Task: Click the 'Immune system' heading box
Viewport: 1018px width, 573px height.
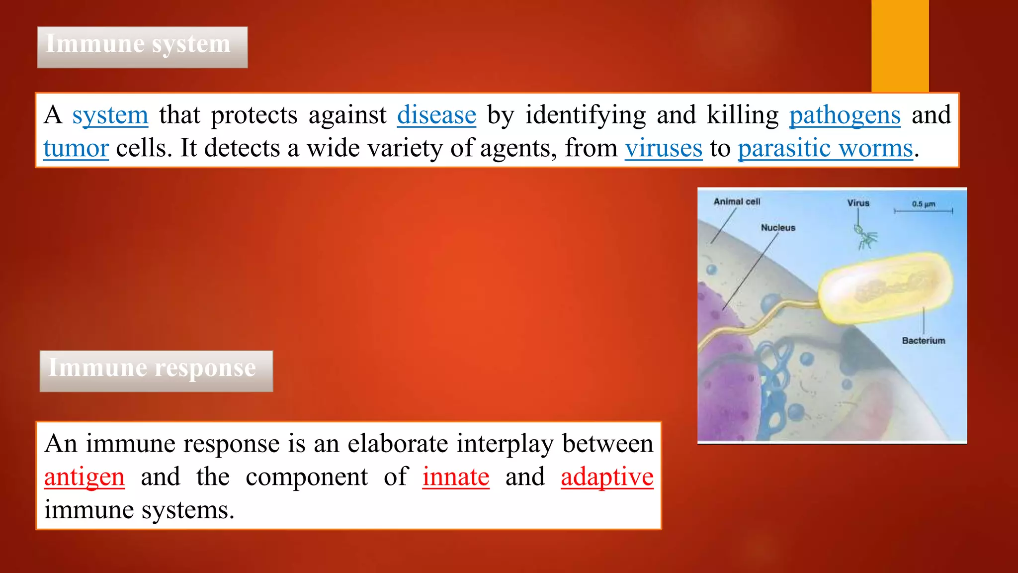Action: click(x=142, y=47)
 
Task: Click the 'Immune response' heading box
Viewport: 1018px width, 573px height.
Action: click(x=156, y=371)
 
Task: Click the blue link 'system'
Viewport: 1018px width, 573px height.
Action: click(x=110, y=115)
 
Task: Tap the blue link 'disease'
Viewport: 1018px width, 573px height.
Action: click(x=436, y=115)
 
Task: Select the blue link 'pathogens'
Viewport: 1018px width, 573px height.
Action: click(x=845, y=115)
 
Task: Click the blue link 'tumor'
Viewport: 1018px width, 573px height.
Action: click(x=76, y=149)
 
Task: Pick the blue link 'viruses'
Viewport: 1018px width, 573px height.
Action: click(x=664, y=149)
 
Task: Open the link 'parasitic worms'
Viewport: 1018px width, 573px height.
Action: click(x=825, y=149)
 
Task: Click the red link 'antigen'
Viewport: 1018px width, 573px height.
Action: click(x=84, y=477)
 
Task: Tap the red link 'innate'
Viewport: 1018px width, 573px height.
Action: click(x=456, y=477)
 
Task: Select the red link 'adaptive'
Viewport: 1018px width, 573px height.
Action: click(x=607, y=477)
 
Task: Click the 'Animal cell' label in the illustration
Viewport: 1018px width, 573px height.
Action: click(x=737, y=201)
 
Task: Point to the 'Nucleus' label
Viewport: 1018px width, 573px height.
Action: click(x=778, y=228)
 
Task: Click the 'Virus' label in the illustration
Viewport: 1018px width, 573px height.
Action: click(x=858, y=203)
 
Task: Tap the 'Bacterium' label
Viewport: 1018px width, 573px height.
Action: click(x=924, y=341)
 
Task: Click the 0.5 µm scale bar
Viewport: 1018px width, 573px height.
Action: click(x=923, y=211)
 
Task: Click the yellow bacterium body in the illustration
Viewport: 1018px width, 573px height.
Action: click(x=885, y=288)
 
